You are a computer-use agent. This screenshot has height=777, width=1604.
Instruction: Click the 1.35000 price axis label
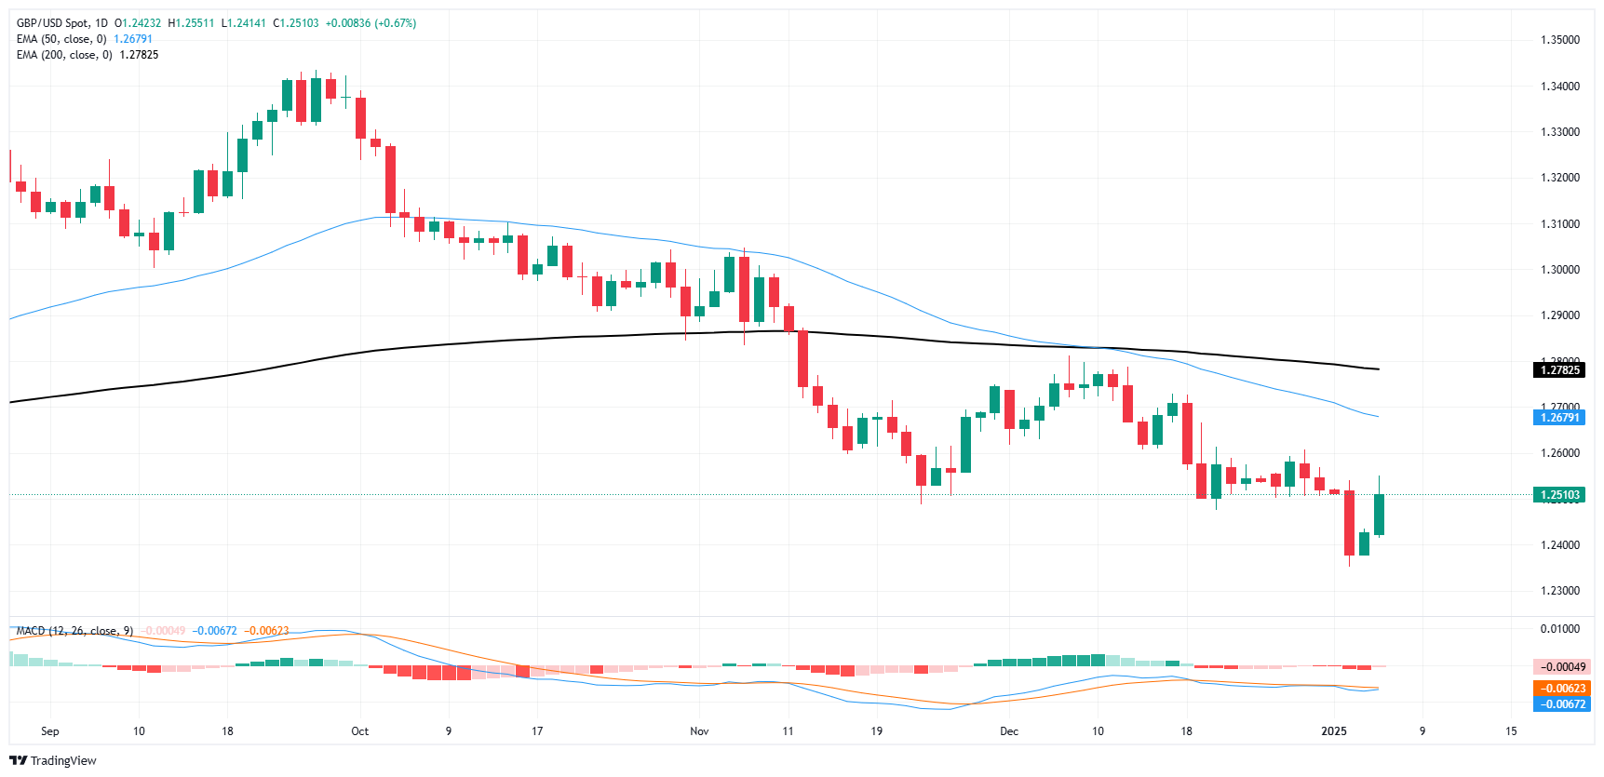tap(1559, 40)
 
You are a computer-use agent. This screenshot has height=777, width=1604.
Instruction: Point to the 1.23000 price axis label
tap(1559, 591)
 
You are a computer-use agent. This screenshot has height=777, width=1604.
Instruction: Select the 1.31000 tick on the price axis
tap(1559, 224)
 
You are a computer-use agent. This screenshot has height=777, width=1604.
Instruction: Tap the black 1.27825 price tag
tap(1559, 370)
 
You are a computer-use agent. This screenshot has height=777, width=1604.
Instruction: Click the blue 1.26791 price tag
tap(1559, 418)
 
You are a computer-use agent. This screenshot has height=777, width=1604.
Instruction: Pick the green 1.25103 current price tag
tap(1559, 495)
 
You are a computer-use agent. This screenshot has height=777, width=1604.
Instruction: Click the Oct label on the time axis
tap(359, 731)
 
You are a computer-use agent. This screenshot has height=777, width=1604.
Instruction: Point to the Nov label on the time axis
tap(699, 731)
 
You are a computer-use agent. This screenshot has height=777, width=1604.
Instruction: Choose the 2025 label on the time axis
tap(1334, 731)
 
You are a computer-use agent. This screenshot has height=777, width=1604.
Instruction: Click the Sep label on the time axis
tap(50, 731)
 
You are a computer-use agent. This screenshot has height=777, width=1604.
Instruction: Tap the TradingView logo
tap(53, 760)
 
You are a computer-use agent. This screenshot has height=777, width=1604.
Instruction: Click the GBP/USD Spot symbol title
tap(55, 23)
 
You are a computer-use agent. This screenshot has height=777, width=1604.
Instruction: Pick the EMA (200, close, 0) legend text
tap(64, 55)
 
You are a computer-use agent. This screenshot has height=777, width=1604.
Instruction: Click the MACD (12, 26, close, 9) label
tap(74, 631)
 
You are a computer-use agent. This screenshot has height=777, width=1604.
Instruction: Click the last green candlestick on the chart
tap(1379, 515)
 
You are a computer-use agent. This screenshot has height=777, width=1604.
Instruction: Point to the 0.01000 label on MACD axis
tap(1559, 629)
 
